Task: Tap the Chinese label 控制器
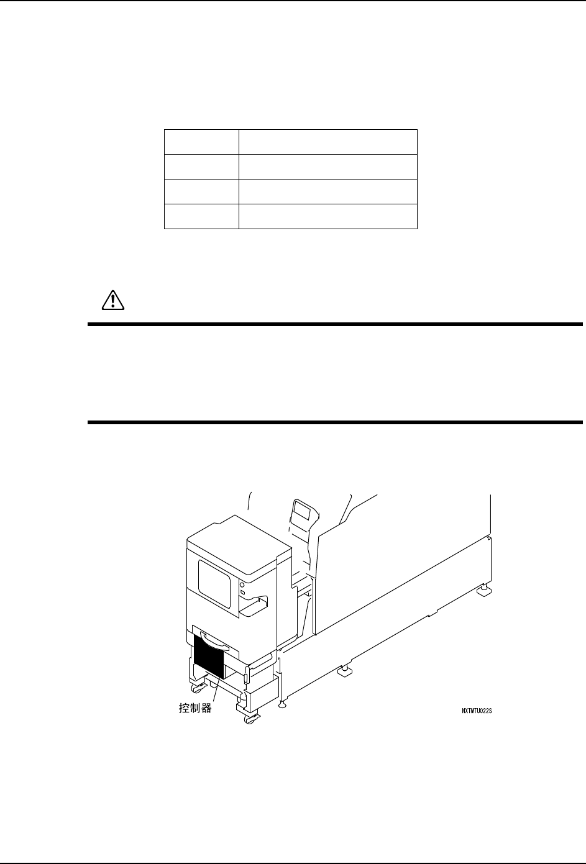[191, 707]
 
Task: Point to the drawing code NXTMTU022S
[477, 712]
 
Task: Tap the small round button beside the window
[242, 585]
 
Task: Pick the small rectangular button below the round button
[242, 595]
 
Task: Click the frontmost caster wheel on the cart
[250, 719]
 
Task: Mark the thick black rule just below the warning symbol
[335, 324]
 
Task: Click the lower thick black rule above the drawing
[335, 422]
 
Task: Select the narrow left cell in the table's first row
[201, 142]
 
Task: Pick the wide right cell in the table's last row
[327, 216]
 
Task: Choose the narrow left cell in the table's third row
[201, 191]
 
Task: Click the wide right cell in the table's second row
[327, 166]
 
